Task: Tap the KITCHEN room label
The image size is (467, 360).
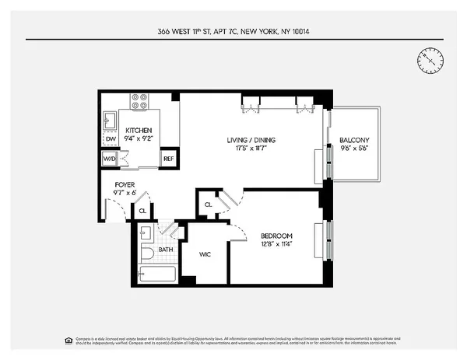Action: coord(139,130)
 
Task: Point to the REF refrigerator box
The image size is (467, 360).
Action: coord(168,159)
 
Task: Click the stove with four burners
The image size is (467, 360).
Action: coord(139,101)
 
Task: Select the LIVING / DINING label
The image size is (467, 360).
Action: coord(251,140)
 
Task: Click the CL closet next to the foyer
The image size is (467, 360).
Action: coord(142,210)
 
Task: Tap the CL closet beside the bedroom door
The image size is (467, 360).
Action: coord(208,204)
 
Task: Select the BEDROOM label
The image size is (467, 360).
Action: coord(276,236)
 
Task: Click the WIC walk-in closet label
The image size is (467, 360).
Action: coord(205,253)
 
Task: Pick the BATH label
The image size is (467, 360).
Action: coord(167,250)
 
